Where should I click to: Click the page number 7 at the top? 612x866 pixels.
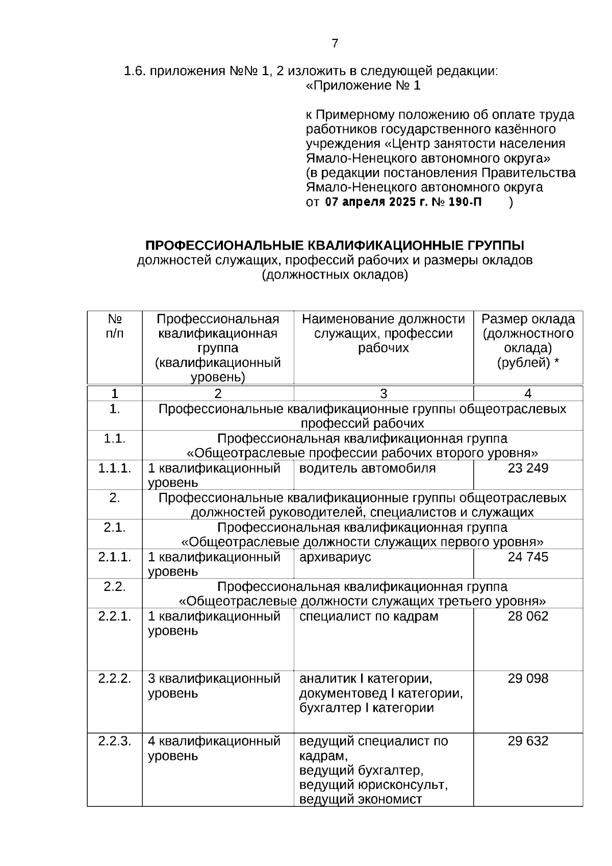[335, 43]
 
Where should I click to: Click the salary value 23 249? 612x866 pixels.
[528, 468]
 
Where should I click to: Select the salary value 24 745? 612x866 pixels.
[528, 557]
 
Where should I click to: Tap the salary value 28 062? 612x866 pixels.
[528, 616]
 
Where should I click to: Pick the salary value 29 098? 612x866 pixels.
[528, 678]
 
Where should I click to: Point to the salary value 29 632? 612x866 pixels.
[528, 740]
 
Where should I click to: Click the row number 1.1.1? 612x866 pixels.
[115, 468]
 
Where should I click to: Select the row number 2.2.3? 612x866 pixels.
[115, 740]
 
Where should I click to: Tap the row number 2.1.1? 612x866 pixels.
[115, 557]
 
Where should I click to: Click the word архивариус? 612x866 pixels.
[335, 557]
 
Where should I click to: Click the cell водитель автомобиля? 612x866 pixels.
[367, 468]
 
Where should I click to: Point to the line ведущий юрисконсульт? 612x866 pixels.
[373, 784]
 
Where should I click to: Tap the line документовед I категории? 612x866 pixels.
[380, 694]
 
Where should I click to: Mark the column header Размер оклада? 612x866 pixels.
[528, 319]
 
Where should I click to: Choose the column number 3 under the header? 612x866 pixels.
[384, 393]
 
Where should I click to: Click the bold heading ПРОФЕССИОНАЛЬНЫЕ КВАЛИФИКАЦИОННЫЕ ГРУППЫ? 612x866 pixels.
[335, 245]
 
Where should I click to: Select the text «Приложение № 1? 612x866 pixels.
[363, 86]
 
